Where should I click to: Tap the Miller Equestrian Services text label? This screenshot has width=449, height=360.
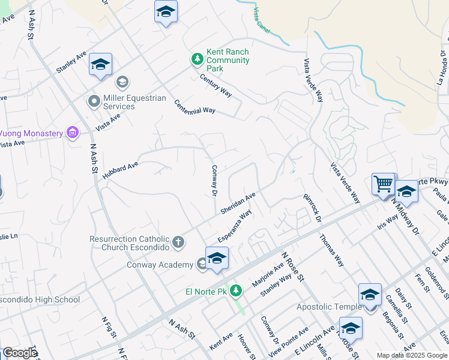(x=126, y=102)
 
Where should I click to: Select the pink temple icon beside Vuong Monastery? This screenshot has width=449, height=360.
(x=73, y=132)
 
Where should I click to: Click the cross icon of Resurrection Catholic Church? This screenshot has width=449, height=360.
(x=178, y=242)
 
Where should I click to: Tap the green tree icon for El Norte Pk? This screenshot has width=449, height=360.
(x=236, y=291)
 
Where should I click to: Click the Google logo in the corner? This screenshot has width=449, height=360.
(x=19, y=353)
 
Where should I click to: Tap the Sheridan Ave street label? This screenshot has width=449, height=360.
(x=238, y=203)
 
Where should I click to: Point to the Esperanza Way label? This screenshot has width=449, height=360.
(x=234, y=226)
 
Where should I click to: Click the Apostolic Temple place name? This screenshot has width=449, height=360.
(x=329, y=307)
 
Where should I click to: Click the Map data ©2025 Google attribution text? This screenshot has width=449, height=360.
(x=412, y=355)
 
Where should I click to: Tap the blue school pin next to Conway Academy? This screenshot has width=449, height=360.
(x=217, y=259)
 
